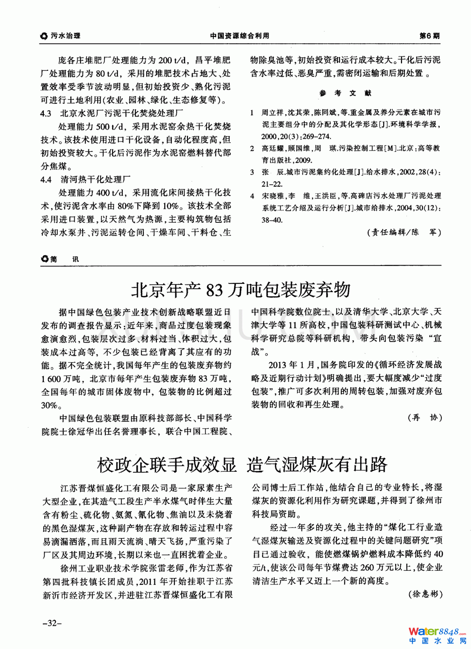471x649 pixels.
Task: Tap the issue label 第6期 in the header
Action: [x=429, y=36]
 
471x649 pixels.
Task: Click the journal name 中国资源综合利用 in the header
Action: [x=239, y=36]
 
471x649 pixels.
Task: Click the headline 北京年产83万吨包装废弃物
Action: [x=240, y=290]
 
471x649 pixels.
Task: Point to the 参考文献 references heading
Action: [x=345, y=93]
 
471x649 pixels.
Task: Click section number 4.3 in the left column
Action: [x=46, y=113]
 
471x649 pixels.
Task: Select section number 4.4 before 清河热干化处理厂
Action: [x=46, y=180]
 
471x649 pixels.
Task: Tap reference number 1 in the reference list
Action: [x=252, y=113]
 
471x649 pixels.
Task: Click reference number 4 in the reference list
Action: [x=252, y=196]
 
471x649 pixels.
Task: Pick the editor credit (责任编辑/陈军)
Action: [x=404, y=233]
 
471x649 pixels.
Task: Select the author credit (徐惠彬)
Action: [x=425, y=594]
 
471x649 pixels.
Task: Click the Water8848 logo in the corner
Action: [x=437, y=632]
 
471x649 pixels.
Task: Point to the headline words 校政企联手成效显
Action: [x=167, y=465]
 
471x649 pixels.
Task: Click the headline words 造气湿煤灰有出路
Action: [x=317, y=465]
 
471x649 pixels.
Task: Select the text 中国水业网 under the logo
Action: [x=437, y=641]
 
